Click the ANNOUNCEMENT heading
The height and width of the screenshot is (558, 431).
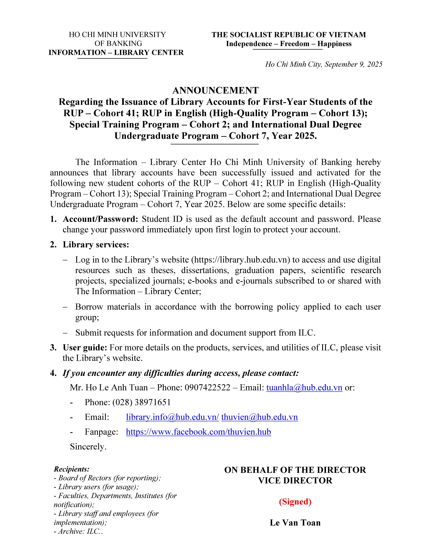(x=215, y=90)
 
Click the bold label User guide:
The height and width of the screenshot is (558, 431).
(x=85, y=348)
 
